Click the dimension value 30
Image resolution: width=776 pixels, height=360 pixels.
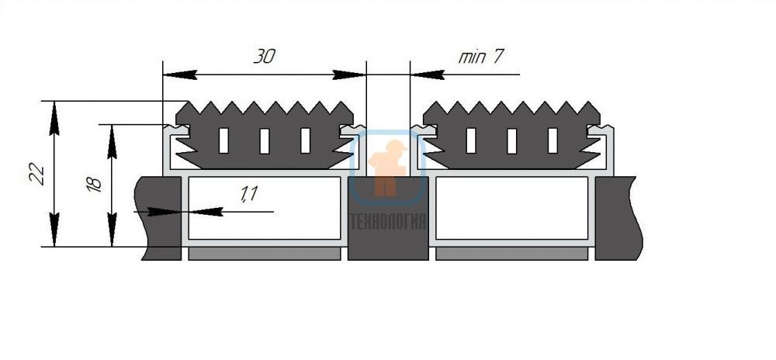pyautogui.click(x=265, y=57)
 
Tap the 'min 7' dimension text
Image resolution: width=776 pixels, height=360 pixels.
pyautogui.click(x=480, y=57)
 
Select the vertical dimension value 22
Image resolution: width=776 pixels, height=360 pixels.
pyautogui.click(x=37, y=174)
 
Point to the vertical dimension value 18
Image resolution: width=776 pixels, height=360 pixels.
pyautogui.click(x=94, y=183)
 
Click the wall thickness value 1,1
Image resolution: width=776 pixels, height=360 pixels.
pyautogui.click(x=249, y=193)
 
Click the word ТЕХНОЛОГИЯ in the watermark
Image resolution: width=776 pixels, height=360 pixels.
pyautogui.click(x=388, y=222)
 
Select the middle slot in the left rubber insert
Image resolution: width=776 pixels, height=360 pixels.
pyautogui.click(x=265, y=140)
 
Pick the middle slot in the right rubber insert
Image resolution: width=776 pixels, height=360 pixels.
pyautogui.click(x=511, y=140)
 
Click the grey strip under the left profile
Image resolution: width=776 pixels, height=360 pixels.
pyautogui.click(x=265, y=254)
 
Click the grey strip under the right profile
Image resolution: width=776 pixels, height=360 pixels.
pyautogui.click(x=511, y=254)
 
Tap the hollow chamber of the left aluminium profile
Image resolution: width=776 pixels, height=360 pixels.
pyautogui.click(x=265, y=208)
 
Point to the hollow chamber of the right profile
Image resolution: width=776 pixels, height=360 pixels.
pyautogui.click(x=511, y=208)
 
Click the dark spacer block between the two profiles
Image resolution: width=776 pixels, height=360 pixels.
pyautogui.click(x=388, y=218)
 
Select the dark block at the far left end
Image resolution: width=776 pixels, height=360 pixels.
pyautogui.click(x=158, y=218)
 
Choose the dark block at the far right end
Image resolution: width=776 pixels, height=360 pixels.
pyautogui.click(x=618, y=218)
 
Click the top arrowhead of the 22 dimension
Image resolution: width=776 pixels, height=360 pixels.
pyautogui.click(x=54, y=118)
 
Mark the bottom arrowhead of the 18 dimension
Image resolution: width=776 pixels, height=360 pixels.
pyautogui.click(x=113, y=230)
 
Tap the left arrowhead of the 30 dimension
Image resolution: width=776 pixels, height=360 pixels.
pyautogui.click(x=180, y=74)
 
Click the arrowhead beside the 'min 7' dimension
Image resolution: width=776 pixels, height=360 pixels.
pyautogui.click(x=427, y=74)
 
